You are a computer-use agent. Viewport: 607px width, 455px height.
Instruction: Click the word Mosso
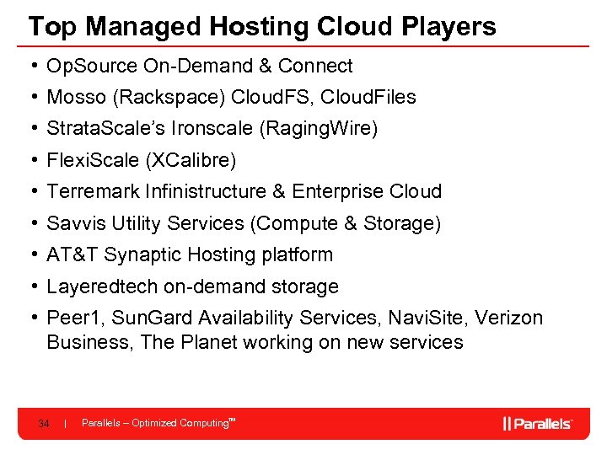tap(76, 98)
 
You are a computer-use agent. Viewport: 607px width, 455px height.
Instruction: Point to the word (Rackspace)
tap(165, 98)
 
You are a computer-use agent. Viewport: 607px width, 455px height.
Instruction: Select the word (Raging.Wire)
tap(320, 129)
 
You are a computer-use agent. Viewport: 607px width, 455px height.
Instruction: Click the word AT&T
tap(72, 254)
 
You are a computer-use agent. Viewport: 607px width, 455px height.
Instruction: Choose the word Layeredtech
tap(102, 286)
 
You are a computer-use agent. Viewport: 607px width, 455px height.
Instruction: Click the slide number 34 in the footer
tap(43, 423)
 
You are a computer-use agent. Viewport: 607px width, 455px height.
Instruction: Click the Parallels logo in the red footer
tap(538, 423)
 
